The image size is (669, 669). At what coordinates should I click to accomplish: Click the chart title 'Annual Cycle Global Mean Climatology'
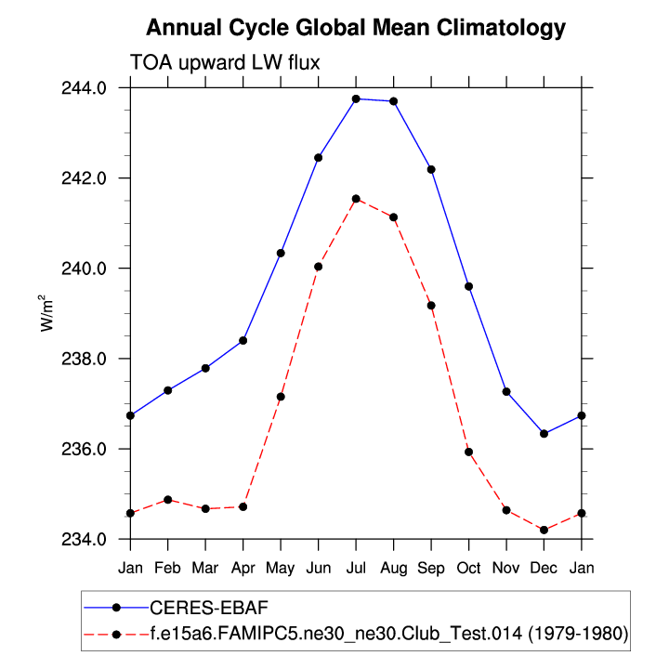[x=356, y=28]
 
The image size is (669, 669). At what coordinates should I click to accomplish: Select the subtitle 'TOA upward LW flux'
[x=225, y=62]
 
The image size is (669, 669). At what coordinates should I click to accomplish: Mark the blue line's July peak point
[x=356, y=98]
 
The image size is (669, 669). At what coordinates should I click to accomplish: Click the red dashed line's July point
[x=356, y=198]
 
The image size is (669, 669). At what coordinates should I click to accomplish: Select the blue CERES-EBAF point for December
[x=544, y=434]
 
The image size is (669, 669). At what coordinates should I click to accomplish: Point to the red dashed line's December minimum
[x=544, y=530]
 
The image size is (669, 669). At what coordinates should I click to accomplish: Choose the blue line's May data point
[x=281, y=253]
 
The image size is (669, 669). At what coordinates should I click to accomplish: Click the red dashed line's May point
[x=281, y=397]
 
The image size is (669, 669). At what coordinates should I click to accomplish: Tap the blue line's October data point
[x=468, y=286]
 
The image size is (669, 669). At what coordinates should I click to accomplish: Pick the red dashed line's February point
[x=168, y=500]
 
